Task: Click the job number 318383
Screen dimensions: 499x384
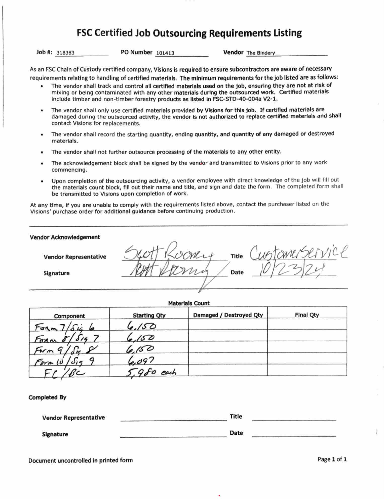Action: [65, 53]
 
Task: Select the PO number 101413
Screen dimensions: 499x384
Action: [165, 53]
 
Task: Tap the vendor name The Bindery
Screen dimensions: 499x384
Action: [260, 53]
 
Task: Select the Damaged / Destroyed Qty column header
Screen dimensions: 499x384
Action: [228, 315]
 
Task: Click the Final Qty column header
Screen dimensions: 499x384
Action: [307, 315]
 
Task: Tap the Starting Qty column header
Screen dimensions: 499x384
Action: [149, 315]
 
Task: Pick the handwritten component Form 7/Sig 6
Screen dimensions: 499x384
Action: [65, 327]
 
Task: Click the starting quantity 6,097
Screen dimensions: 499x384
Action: [140, 361]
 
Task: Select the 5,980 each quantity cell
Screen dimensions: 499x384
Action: [150, 372]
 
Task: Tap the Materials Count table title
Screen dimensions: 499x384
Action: [189, 303]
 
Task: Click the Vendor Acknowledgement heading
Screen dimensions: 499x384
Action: [65, 237]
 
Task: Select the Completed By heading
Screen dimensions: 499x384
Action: [47, 397]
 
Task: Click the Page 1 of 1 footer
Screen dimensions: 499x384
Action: [332, 459]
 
